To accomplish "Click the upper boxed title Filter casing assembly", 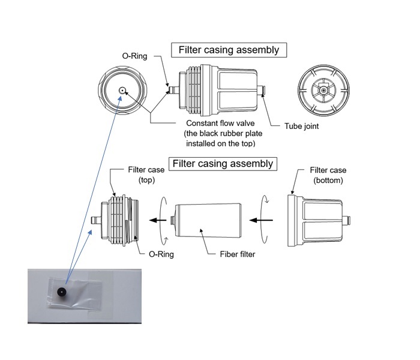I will click(x=229, y=50).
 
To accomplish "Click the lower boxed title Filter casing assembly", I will click(x=222, y=163).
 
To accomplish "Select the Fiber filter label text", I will click(x=235, y=254).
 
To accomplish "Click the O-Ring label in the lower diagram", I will click(x=161, y=254).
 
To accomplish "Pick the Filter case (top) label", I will click(x=146, y=175).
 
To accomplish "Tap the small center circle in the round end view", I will click(x=122, y=91).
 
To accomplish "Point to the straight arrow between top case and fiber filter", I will click(x=158, y=220).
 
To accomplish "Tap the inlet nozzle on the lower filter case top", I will click(x=95, y=220).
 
